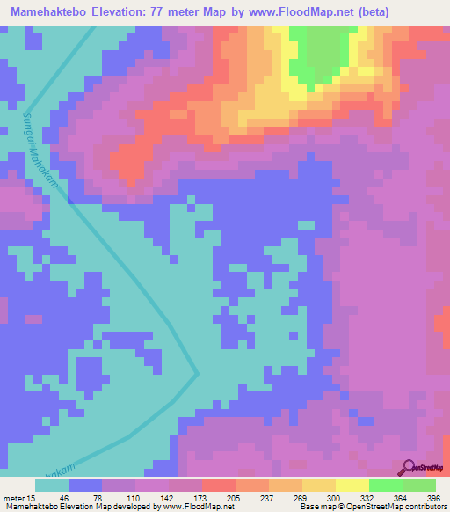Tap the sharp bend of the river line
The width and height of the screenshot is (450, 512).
click(198, 373)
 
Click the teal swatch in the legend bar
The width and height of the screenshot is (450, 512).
click(52, 485)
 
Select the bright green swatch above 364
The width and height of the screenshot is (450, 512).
click(386, 485)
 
